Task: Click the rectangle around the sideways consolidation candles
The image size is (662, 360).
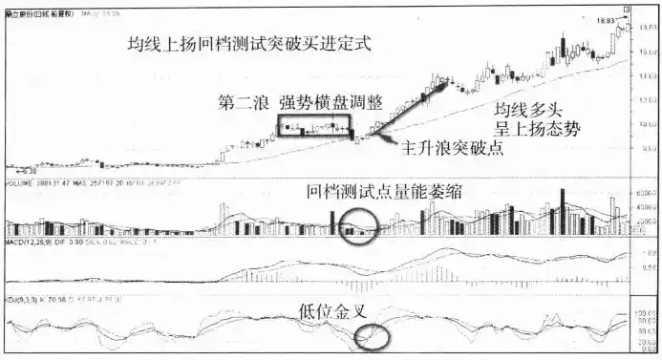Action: tap(314, 125)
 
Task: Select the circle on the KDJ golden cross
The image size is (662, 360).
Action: tap(370, 336)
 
